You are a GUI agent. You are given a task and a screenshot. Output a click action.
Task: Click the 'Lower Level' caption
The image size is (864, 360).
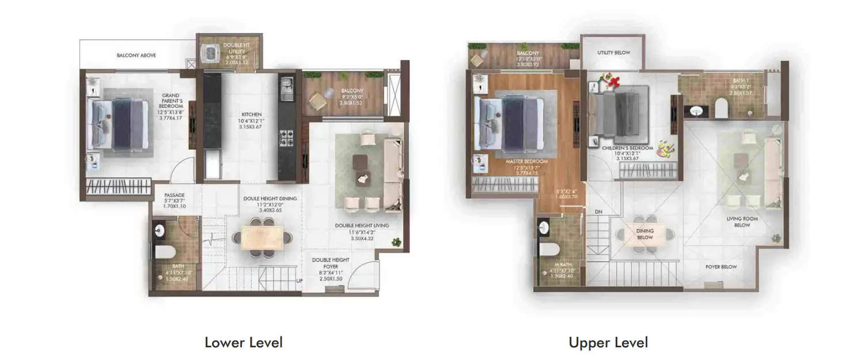pyautogui.click(x=244, y=343)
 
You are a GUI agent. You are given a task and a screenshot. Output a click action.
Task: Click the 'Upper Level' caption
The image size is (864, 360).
pyautogui.click(x=608, y=343)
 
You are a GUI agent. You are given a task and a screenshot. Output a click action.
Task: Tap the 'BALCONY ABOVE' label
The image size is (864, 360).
pyautogui.click(x=136, y=55)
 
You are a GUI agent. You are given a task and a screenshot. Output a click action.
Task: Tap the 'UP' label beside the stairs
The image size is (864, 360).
pyautogui.click(x=299, y=281)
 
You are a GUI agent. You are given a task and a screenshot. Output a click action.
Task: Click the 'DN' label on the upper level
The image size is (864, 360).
pyautogui.click(x=598, y=211)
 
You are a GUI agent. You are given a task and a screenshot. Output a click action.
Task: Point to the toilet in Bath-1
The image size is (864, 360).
pyautogui.click(x=721, y=107)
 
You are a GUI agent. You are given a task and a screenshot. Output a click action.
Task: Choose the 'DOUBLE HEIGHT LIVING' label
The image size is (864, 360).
pyautogui.click(x=362, y=225)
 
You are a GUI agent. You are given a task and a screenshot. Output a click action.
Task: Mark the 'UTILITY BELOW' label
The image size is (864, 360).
pyautogui.click(x=613, y=52)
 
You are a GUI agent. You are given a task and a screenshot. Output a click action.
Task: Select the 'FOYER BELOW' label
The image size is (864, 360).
pyautogui.click(x=721, y=267)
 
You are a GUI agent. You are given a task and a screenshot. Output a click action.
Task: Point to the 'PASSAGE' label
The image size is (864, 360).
pyautogui.click(x=174, y=195)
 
